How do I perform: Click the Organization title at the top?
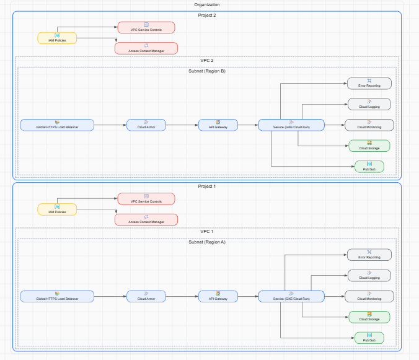click(x=207, y=5)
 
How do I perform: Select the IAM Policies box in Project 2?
click(x=57, y=38)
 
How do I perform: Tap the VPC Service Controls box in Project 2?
click(x=146, y=27)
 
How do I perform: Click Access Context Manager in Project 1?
click(x=146, y=219)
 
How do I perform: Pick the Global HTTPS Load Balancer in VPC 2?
click(x=57, y=125)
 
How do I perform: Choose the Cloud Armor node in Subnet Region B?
click(x=146, y=125)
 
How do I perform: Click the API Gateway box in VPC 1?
click(x=218, y=296)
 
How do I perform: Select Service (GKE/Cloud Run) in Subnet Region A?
click(x=291, y=296)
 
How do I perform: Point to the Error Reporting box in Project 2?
click(x=369, y=84)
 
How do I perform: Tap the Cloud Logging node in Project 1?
click(x=369, y=275)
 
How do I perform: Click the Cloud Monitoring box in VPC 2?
click(x=369, y=125)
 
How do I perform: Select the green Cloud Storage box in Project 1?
click(x=369, y=317)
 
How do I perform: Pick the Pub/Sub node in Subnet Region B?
click(x=369, y=167)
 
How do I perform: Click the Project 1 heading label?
click(x=207, y=187)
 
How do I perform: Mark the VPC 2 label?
click(x=207, y=61)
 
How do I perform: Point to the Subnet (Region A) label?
click(x=207, y=242)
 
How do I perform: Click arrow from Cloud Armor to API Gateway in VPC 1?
click(x=182, y=296)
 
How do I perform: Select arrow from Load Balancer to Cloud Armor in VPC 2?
click(x=110, y=125)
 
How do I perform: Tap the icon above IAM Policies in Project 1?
click(x=57, y=206)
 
